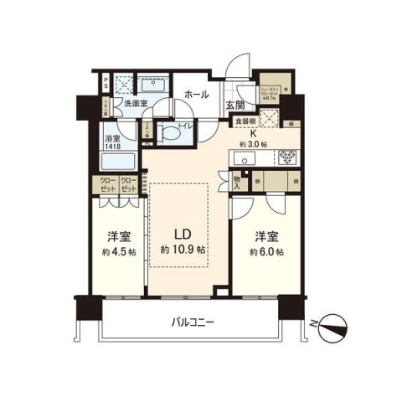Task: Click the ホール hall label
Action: click(196, 95)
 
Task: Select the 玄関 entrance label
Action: click(235, 106)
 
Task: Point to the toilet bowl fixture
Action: click(170, 131)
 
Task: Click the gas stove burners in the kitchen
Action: click(288, 157)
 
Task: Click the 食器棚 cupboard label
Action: click(245, 121)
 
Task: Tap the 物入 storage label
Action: click(237, 182)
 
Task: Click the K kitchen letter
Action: click(252, 131)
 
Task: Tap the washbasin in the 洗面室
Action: click(157, 84)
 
